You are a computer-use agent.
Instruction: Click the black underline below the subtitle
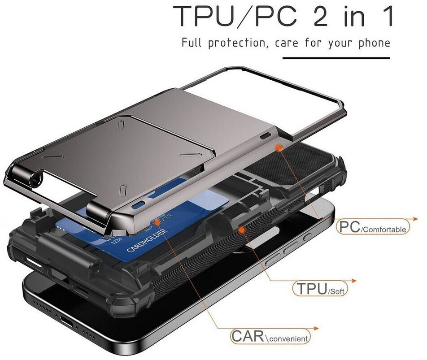click(336, 58)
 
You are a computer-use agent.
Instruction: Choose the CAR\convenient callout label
click(270, 336)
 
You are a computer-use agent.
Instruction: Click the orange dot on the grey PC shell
click(279, 147)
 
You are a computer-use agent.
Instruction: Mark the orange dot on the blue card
click(157, 222)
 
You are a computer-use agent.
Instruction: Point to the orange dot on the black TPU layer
click(241, 230)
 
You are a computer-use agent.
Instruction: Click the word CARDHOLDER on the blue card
click(147, 241)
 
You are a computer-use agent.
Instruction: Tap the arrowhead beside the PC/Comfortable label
click(415, 219)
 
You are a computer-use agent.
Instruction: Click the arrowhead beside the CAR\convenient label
click(316, 329)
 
